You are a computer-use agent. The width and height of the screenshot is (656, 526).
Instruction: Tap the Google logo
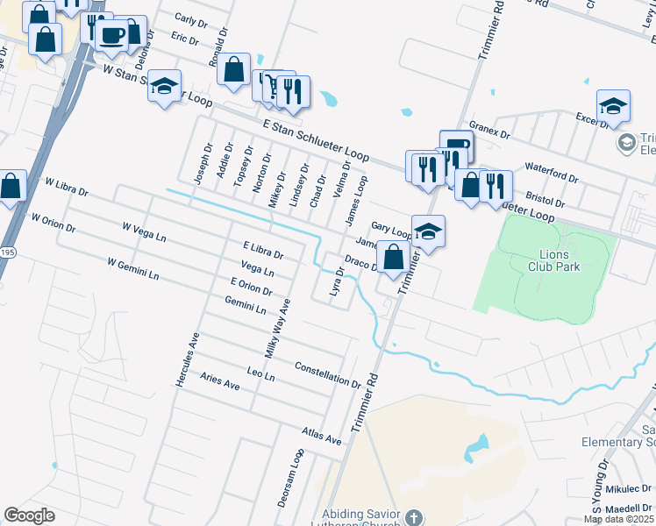[x=29, y=515]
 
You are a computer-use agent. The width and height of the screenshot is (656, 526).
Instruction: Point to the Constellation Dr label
[x=327, y=375]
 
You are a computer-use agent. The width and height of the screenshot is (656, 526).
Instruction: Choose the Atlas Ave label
[x=320, y=435]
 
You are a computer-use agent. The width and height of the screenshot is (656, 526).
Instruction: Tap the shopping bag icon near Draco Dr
[x=394, y=258]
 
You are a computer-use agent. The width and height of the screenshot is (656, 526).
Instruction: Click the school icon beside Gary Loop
[x=428, y=231]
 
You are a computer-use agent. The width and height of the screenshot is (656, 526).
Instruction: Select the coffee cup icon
[x=111, y=35]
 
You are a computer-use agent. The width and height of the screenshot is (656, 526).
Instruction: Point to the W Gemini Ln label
[x=133, y=268]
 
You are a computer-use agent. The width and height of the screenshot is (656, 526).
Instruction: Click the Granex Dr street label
[x=489, y=131]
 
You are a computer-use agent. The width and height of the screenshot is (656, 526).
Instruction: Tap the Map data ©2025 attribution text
[x=619, y=519]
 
